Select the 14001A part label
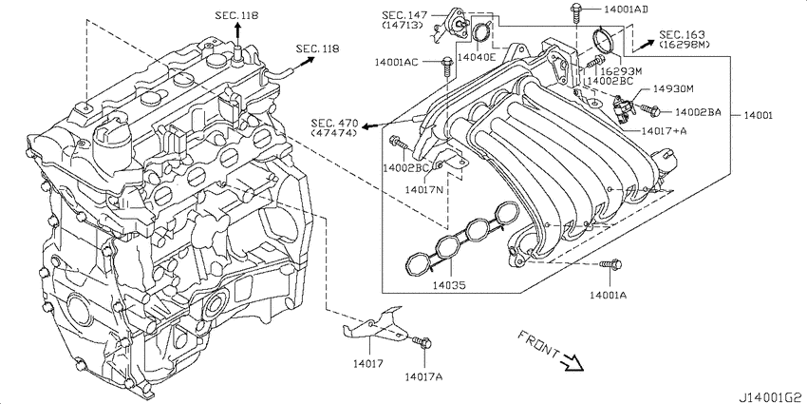(608, 296)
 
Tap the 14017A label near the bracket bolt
(423, 376)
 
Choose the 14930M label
(672, 88)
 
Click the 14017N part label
(424, 189)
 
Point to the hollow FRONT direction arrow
(572, 360)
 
